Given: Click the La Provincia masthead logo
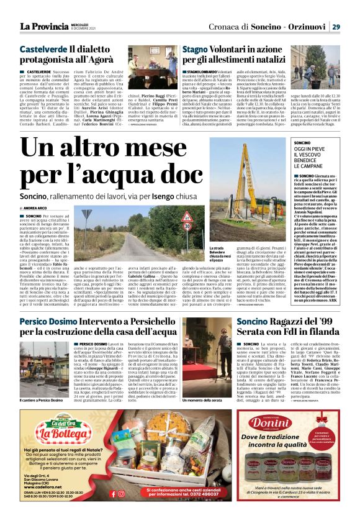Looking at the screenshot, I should tap(44, 26).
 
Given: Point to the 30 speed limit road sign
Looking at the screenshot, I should tap(186, 227).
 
